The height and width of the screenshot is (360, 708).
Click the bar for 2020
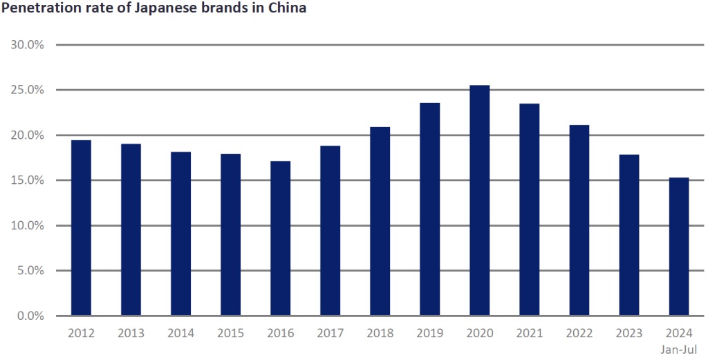pos(480,200)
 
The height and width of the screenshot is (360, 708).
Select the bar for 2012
pos(81,228)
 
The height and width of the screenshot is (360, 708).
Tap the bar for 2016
pos(280,238)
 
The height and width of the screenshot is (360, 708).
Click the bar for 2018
pos(380,221)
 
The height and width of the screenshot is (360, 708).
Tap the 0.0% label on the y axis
pos(30,316)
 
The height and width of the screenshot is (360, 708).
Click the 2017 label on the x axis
pos(330,333)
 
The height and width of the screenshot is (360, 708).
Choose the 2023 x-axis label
pos(629,333)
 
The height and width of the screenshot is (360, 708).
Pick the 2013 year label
pos(131,333)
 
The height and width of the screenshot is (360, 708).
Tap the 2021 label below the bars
pos(530,333)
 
